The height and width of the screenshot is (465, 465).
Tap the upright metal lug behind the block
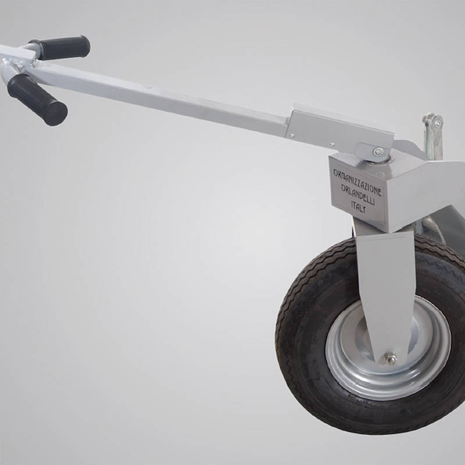click(x=432, y=137)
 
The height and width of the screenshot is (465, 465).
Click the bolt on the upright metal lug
click(x=433, y=122)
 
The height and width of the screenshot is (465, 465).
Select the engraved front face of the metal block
click(x=357, y=192)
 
